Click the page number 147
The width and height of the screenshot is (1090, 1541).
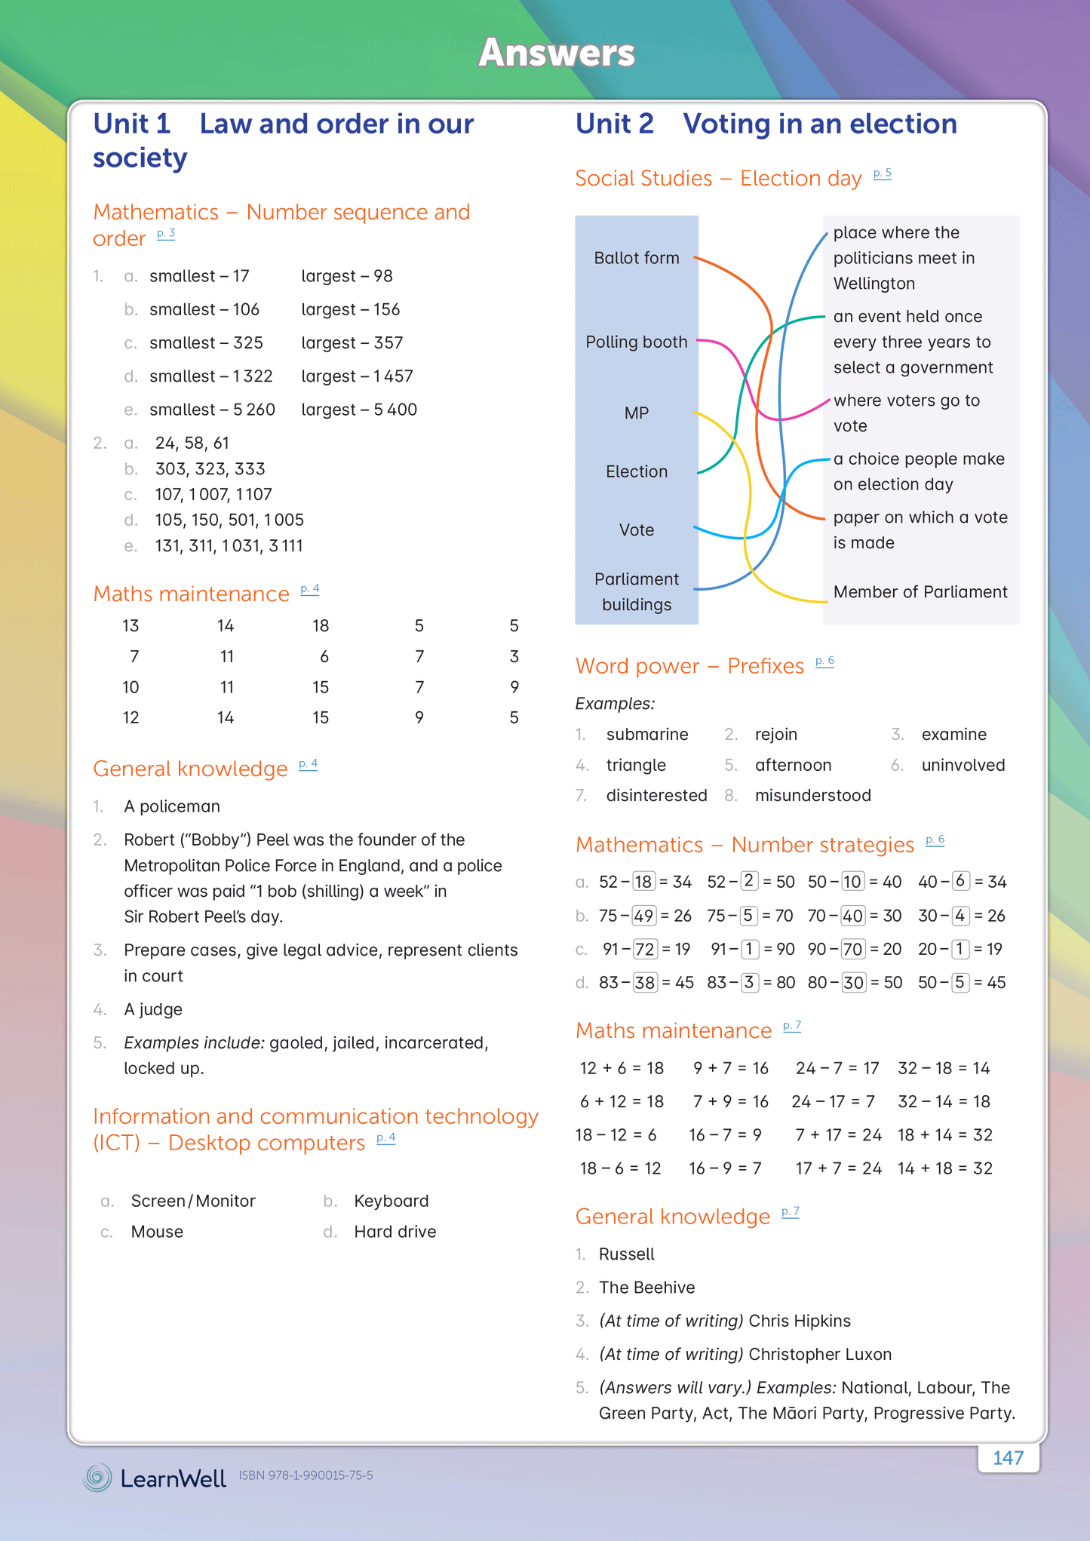[1008, 1457]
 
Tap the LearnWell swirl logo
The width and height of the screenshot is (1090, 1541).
[97, 1477]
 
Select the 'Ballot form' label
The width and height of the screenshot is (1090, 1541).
[636, 258]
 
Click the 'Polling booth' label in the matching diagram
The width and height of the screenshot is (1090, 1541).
[636, 342]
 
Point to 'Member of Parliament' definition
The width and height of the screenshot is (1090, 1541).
[920, 592]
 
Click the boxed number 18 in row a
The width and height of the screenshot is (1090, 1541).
[643, 882]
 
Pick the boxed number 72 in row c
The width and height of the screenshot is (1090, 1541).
[645, 949]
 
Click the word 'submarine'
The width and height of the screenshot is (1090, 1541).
[646, 735]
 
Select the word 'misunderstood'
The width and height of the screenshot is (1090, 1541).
[812, 795]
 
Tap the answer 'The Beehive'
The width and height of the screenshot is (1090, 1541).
[646, 1288]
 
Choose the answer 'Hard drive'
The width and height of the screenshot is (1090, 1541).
[395, 1232]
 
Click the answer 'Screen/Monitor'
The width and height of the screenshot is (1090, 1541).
[193, 1201]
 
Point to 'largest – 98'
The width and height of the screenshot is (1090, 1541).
[346, 276]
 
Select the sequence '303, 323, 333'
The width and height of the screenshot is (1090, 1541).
[210, 469]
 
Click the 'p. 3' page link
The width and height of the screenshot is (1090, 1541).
[166, 234]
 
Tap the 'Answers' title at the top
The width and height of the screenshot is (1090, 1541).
[557, 53]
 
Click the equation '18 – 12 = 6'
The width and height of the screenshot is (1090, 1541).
[616, 1135]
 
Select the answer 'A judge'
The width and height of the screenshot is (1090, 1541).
[153, 1009]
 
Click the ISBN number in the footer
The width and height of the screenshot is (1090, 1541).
[306, 1475]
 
